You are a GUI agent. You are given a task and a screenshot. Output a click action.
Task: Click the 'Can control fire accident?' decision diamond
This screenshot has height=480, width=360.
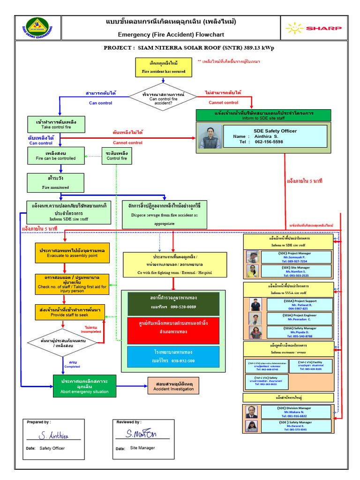coord(163,97)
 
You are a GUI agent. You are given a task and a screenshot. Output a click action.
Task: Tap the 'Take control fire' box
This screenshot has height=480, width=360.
coord(56,124)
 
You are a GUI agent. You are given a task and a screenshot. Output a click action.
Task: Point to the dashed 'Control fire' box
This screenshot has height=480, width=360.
coord(117,156)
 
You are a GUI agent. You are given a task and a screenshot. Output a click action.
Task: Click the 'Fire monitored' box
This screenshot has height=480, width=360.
coord(56,183)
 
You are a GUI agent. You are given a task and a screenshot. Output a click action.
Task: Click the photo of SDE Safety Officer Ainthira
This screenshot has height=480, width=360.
coord(210,137)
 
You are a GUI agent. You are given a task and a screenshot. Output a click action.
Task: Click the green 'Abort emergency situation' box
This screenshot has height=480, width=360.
coord(84,385)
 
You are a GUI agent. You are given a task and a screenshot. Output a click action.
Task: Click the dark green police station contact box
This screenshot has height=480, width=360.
coord(173,303)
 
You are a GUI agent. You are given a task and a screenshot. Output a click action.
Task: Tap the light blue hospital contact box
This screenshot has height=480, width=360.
coord(173,357)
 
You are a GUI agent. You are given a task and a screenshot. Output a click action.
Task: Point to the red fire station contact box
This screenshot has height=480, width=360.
coord(173,330)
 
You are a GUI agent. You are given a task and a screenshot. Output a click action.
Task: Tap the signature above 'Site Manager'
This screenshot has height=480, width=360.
coord(141,435)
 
